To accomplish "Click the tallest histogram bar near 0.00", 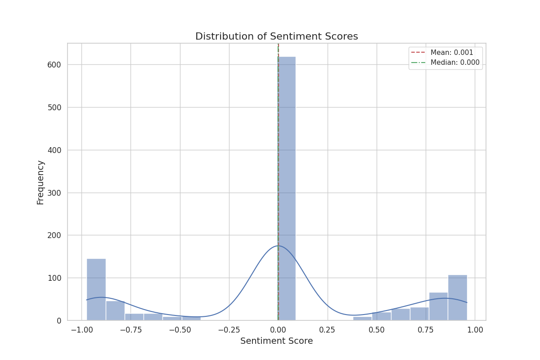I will point(287,189).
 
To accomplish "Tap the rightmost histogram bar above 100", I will point(457,297).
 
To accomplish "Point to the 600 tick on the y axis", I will point(54,65).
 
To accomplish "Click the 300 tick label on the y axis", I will point(54,193).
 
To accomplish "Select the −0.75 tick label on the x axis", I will point(130,330).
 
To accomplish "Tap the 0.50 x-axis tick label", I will point(377,330).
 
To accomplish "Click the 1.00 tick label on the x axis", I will point(475,330).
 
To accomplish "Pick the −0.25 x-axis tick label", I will point(229,330).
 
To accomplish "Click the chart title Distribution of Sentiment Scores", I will point(276,36).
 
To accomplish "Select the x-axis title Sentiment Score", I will point(276,341).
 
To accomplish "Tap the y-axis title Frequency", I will point(40,182).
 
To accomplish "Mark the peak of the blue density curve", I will point(278,246).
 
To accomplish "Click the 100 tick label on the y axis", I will point(54,278).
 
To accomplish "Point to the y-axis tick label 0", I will point(58,321).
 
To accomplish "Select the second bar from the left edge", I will point(115,310).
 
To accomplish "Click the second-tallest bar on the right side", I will point(438,306).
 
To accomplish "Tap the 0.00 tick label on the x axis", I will point(278,330).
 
